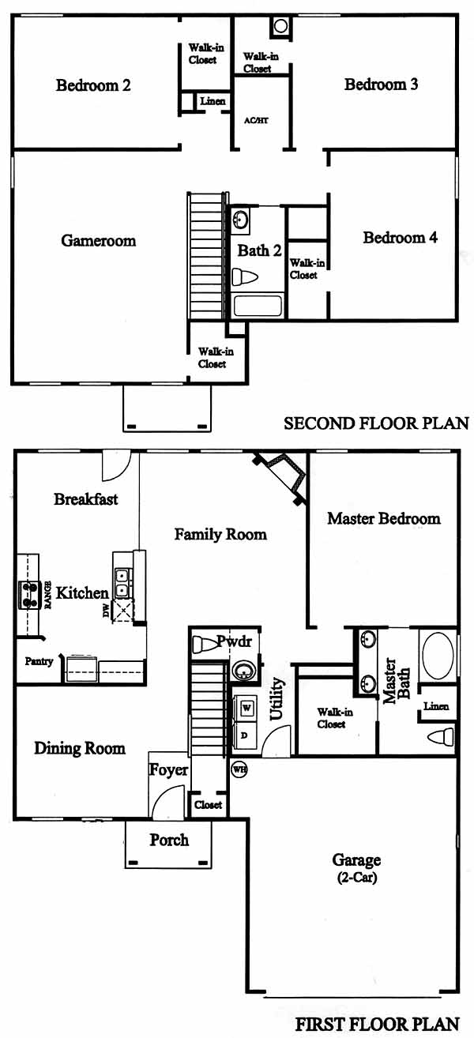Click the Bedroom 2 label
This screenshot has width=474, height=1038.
tap(93, 85)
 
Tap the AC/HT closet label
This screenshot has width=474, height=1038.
tap(256, 121)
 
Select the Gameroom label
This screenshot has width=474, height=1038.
tap(99, 240)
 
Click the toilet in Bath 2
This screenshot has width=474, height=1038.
tap(244, 277)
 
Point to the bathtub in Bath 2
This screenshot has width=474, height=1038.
tap(258, 306)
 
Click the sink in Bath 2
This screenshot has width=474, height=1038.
tap(240, 219)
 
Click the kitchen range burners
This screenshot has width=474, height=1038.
tap(28, 595)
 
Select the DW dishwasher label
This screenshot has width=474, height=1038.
tap(106, 611)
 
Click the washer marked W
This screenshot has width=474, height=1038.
tap(246, 708)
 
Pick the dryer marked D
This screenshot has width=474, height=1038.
tap(245, 735)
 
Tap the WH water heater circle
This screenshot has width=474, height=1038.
tap(239, 770)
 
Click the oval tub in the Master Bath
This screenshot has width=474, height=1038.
tap(438, 655)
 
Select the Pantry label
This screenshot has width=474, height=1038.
tap(39, 661)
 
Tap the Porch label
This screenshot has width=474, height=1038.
tap(169, 840)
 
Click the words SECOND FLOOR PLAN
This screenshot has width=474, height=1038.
tap(376, 423)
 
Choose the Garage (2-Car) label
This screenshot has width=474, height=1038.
tap(357, 868)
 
